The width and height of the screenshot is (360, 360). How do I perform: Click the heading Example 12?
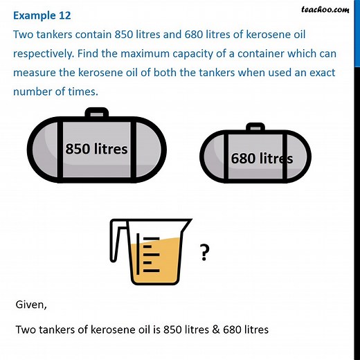[x=41, y=15]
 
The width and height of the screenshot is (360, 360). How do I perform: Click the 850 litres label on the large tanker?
[x=96, y=148]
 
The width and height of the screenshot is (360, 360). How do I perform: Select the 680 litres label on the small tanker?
[x=262, y=159]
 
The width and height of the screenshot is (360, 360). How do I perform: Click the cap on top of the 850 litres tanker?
[x=96, y=113]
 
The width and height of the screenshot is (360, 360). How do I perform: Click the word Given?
[x=32, y=305]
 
